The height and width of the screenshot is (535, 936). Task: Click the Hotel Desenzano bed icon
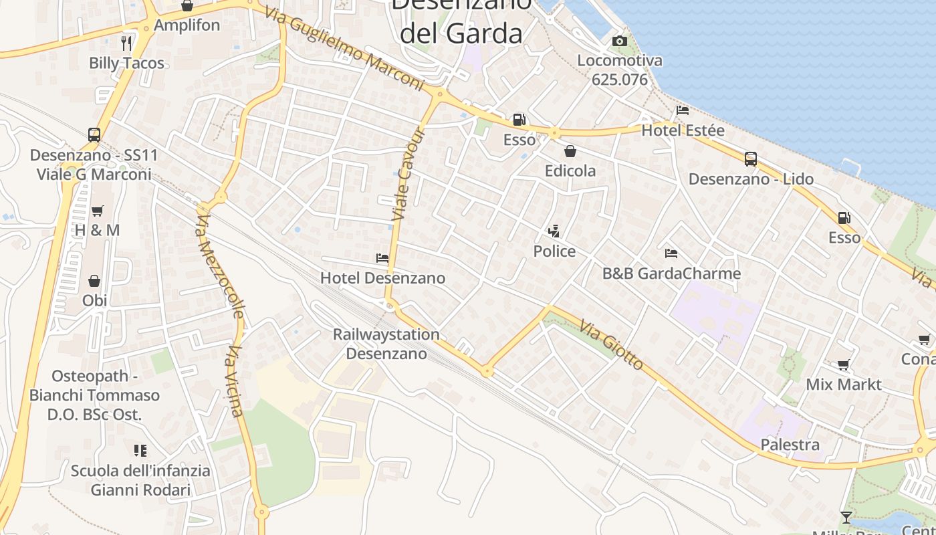pyautogui.click(x=382, y=257)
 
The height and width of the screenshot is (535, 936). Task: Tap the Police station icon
pyautogui.click(x=553, y=231)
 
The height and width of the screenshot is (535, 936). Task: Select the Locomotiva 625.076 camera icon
pyautogui.click(x=620, y=41)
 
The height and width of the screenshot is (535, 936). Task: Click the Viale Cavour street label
pyautogui.click(x=408, y=173)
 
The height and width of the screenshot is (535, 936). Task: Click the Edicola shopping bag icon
pyautogui.click(x=570, y=151)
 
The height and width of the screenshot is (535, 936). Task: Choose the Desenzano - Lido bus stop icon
pyautogui.click(x=751, y=159)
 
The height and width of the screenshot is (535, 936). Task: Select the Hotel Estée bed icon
pyautogui.click(x=683, y=110)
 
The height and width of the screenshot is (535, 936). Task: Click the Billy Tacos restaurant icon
pyautogui.click(x=126, y=43)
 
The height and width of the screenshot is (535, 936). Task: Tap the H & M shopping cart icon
pyautogui.click(x=98, y=211)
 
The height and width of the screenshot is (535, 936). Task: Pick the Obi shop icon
pyautogui.click(x=94, y=281)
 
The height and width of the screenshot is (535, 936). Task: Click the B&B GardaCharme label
pyautogui.click(x=671, y=274)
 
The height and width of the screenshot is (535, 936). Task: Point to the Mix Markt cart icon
pyautogui.click(x=844, y=365)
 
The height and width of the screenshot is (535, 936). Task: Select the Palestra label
pyautogui.click(x=790, y=445)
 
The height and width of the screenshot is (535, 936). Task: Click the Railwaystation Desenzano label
pyautogui.click(x=386, y=344)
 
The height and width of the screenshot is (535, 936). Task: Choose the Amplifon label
pyautogui.click(x=187, y=25)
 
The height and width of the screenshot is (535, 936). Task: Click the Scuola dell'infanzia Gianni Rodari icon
pyautogui.click(x=140, y=450)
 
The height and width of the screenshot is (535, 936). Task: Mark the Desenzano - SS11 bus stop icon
pyautogui.click(x=94, y=135)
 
